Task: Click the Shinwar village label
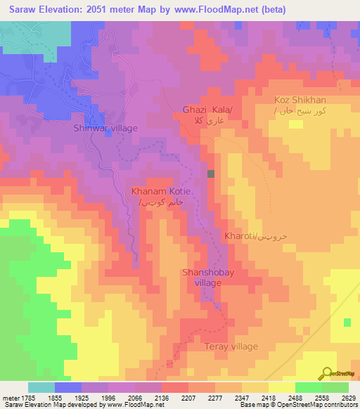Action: coord(105,128)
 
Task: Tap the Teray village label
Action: coord(231,346)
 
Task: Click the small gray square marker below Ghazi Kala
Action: coord(211,174)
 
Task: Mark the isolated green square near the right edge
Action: coord(347,322)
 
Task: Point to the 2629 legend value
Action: coord(348,397)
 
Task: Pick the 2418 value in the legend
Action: coord(269,397)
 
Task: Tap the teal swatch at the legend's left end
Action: coord(41,387)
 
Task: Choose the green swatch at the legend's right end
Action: coord(335,387)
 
